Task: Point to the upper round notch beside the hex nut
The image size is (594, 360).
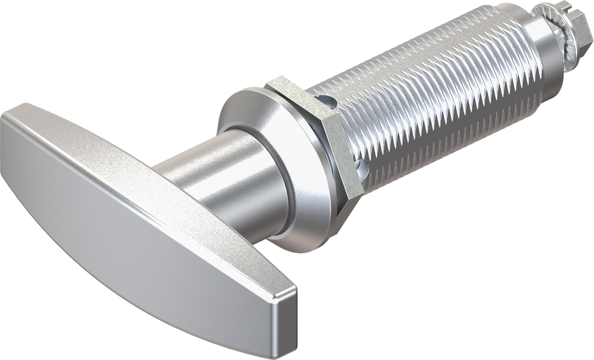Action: [x=328, y=103]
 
